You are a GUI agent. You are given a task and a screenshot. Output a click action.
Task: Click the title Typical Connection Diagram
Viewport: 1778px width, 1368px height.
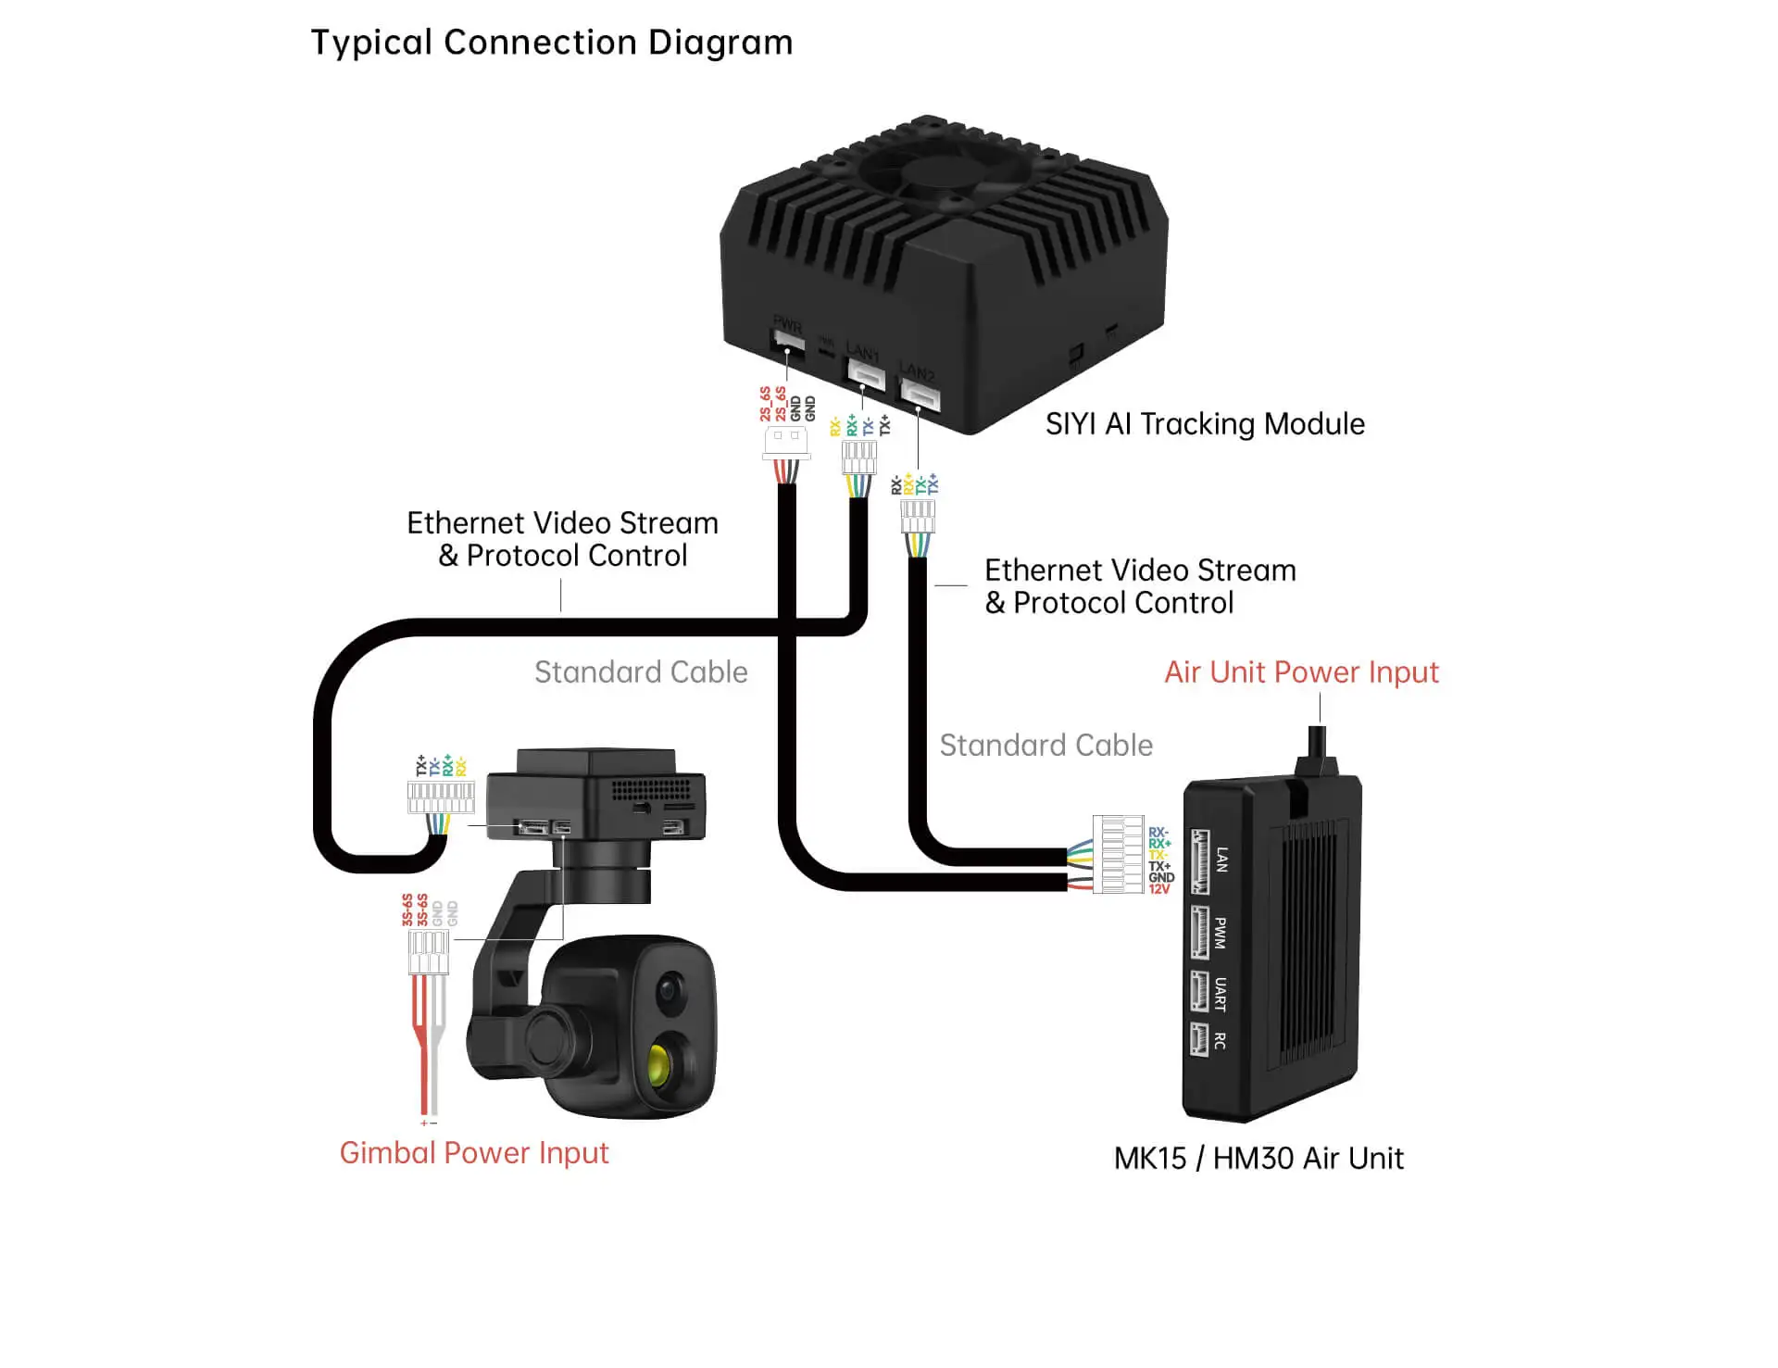pyautogui.click(x=551, y=43)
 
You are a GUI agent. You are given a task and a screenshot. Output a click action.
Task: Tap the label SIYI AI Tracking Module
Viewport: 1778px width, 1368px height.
pyautogui.click(x=1204, y=424)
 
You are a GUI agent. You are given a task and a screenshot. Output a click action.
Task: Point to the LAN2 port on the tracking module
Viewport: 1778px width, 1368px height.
pyautogui.click(x=920, y=396)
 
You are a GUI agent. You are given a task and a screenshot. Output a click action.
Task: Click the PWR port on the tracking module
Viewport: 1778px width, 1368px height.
pyautogui.click(x=787, y=342)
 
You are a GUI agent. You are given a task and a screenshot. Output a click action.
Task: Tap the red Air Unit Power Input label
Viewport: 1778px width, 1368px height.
pyautogui.click(x=1300, y=672)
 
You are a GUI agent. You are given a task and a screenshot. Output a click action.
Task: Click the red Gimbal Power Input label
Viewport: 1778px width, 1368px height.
pyautogui.click(x=473, y=1153)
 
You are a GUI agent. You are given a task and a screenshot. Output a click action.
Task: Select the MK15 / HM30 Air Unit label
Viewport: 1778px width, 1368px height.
pyautogui.click(x=1258, y=1159)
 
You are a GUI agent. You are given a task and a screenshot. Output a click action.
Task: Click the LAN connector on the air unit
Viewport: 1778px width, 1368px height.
pyautogui.click(x=1200, y=861)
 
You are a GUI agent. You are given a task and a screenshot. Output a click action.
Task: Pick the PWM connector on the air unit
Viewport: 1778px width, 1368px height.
pyautogui.click(x=1200, y=932)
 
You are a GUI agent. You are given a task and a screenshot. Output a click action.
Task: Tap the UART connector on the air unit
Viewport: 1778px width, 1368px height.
pyautogui.click(x=1200, y=992)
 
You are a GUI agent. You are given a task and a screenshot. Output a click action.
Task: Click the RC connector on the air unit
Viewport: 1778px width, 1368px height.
pyautogui.click(x=1200, y=1039)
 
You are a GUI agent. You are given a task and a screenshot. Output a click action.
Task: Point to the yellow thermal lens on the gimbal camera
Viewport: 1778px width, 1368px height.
pyautogui.click(x=659, y=1066)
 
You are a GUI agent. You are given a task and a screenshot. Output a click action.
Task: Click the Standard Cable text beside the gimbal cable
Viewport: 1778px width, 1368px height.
pyautogui.click(x=641, y=672)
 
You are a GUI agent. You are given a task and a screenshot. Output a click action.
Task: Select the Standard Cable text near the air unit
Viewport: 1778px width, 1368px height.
pyautogui.click(x=1046, y=746)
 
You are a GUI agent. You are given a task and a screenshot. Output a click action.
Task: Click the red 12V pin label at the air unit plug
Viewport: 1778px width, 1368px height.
pyautogui.click(x=1159, y=889)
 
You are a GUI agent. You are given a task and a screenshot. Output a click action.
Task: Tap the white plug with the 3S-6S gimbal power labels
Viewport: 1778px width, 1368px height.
pyautogui.click(x=429, y=952)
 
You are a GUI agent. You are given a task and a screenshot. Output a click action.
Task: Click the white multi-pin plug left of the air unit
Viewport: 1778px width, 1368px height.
pyautogui.click(x=1118, y=854)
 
